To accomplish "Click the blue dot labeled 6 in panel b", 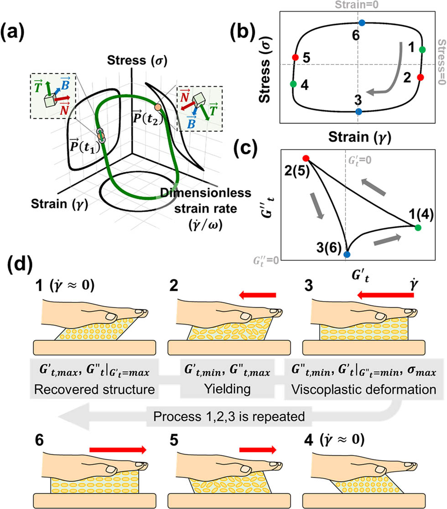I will pos(362,22).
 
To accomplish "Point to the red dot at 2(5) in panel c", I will pos(306,158).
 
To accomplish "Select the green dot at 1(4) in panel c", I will pos(418,227).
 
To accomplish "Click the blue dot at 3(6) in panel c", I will pos(347,254).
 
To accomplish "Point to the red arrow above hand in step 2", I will pos(260,296).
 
